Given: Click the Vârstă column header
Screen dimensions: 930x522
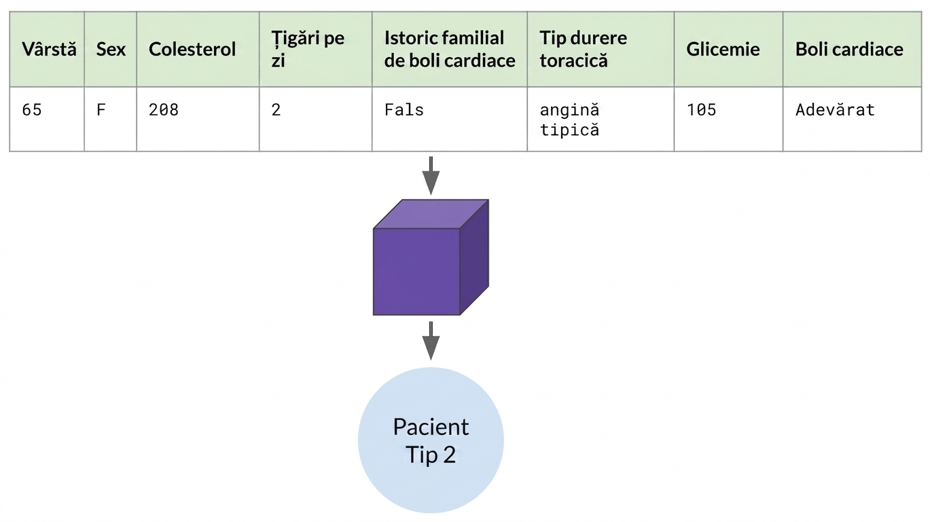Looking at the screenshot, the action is (49, 50).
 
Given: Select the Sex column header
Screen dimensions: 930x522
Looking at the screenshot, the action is (111, 50).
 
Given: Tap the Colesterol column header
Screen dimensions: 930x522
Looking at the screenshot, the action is (192, 50).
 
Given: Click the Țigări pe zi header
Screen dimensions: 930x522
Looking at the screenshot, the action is (308, 49).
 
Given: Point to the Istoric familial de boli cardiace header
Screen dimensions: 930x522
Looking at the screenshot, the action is (450, 49).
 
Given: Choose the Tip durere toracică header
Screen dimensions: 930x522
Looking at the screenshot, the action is (583, 49).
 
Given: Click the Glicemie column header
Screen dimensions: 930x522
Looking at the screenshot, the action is (723, 50).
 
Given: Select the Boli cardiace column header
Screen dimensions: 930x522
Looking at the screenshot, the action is (849, 50).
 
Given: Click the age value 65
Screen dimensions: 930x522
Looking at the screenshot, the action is (32, 110).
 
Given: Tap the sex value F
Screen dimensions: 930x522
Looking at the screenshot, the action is (101, 110).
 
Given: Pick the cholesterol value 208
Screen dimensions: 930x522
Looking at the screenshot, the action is (164, 110).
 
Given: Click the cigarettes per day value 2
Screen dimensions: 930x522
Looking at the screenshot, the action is (276, 110).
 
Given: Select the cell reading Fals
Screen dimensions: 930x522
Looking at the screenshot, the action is (404, 110).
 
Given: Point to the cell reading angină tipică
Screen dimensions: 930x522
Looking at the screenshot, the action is (570, 120).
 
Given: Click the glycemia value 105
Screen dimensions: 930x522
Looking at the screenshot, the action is (701, 110).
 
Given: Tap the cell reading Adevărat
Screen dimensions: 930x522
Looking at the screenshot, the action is (835, 110).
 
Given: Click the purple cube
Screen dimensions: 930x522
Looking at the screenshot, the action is (431, 258).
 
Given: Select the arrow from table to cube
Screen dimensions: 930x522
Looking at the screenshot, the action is (431, 175).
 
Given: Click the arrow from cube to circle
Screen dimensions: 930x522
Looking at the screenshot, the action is (431, 341).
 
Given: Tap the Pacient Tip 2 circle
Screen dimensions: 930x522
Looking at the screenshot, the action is (431, 440).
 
